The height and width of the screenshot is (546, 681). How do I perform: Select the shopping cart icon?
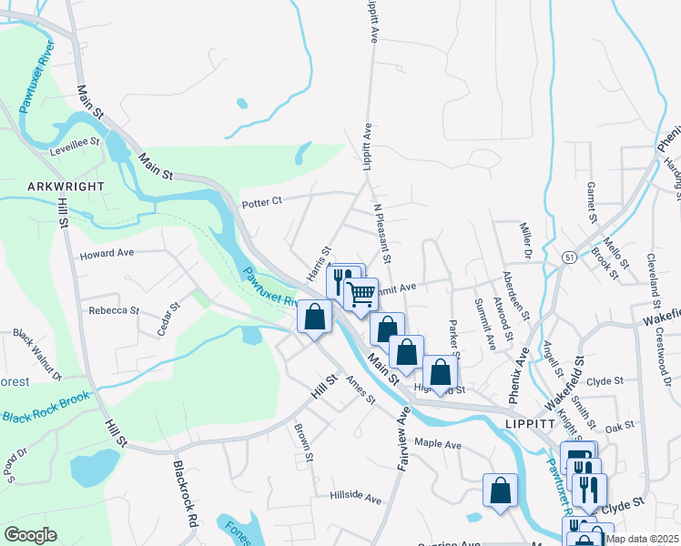click(x=361, y=294)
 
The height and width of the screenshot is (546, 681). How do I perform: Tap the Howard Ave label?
click(x=107, y=254)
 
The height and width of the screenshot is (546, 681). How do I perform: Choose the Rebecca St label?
click(x=113, y=310)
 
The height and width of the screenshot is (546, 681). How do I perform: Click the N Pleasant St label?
click(x=382, y=234)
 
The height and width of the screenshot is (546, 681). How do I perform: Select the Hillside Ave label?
click(x=356, y=498)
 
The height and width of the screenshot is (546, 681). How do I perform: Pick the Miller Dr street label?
click(x=524, y=238)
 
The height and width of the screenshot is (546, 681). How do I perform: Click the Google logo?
click(x=31, y=534)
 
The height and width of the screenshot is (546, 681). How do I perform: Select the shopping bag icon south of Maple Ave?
click(x=500, y=490)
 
